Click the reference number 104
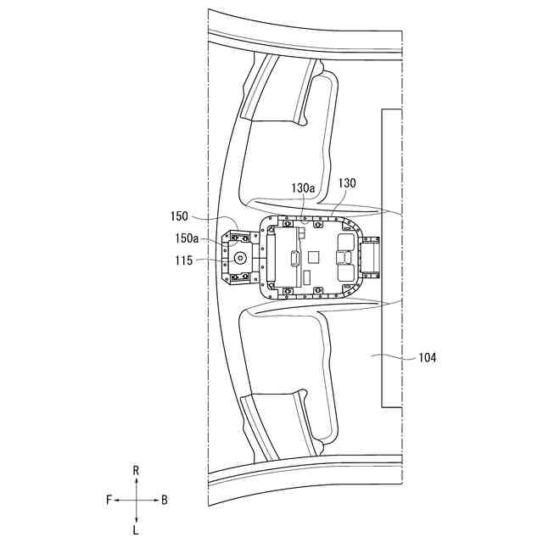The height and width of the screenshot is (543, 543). coord(427,358)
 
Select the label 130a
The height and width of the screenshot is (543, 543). coord(304,188)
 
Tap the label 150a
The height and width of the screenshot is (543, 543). coord(186,240)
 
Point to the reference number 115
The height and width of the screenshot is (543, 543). coord(184,261)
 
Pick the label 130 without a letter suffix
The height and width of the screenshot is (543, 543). coord(348,183)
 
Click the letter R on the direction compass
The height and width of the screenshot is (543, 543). coord(136,470)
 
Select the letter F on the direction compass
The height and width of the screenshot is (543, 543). coord(109,501)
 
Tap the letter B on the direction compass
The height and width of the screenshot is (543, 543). coord(164,501)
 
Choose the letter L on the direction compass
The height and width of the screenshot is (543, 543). coord(136,530)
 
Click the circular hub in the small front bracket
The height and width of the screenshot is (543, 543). coord(240,257)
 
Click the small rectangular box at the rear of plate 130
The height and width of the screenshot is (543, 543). coord(371,256)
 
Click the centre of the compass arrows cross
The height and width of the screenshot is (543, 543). coord(136,501)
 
